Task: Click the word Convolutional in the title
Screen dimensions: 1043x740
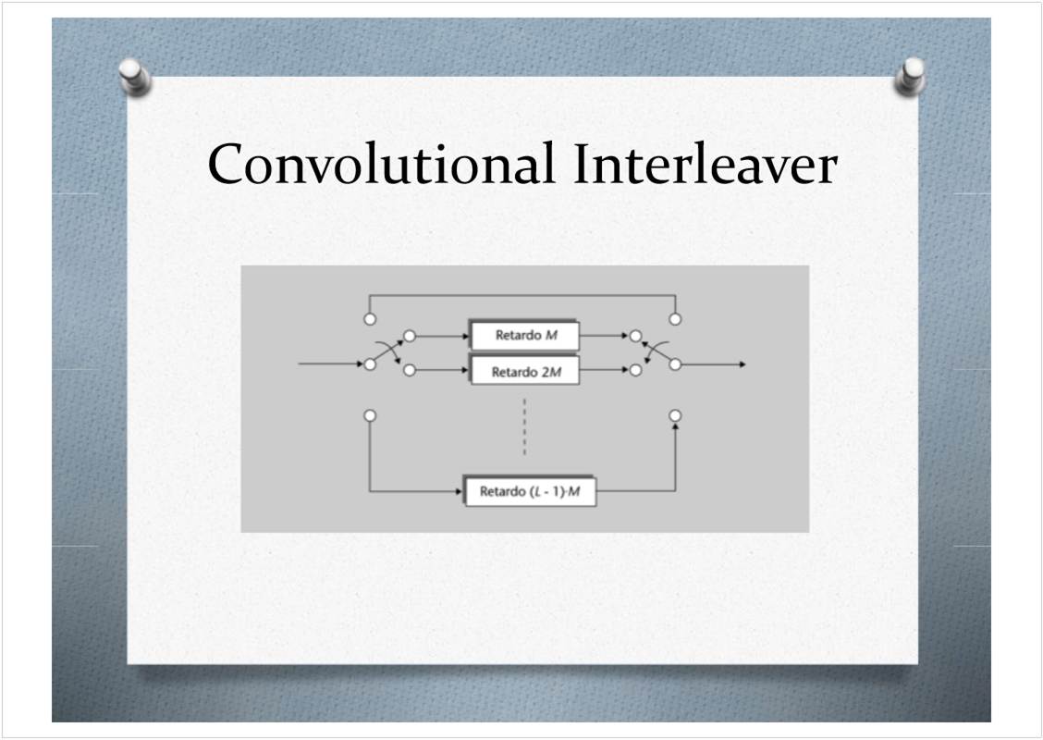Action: coord(380,164)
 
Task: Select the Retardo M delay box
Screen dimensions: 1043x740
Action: coord(525,336)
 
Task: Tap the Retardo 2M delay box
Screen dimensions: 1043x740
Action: coord(525,371)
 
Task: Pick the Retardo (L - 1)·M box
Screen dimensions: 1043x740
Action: coord(530,492)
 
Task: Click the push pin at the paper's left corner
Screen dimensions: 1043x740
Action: coord(135,77)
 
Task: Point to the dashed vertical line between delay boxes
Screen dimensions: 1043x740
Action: coord(524,426)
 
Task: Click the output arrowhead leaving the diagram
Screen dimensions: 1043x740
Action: coord(742,364)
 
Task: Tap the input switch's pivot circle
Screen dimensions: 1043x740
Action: coord(370,364)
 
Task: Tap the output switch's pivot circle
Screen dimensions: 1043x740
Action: coord(675,364)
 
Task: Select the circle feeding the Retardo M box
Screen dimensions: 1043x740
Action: coord(410,336)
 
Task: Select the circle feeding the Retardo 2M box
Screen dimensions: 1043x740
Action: coord(410,370)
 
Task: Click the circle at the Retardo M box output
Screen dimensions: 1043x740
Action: coord(636,336)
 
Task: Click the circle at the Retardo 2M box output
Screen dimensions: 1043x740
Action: coord(636,370)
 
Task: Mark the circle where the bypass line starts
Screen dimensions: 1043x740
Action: coord(370,319)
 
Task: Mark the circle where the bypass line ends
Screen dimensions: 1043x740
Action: coord(675,319)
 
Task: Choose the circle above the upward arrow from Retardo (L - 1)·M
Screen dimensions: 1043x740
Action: coord(675,416)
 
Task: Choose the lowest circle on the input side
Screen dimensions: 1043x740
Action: coord(370,416)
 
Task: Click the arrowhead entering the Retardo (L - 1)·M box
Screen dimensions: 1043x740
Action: coord(459,492)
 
